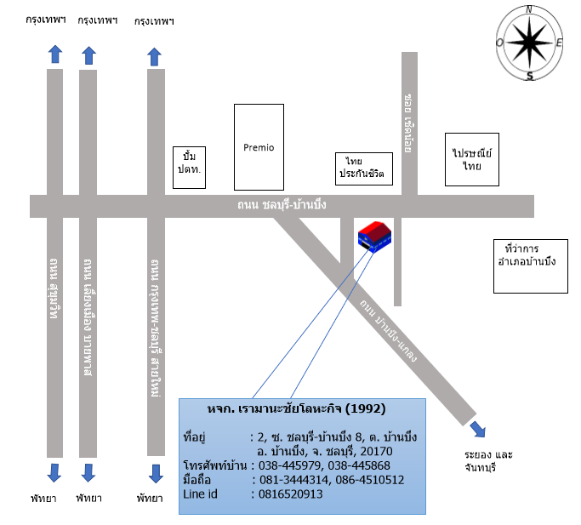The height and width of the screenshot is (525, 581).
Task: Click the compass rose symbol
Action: pyautogui.click(x=529, y=42)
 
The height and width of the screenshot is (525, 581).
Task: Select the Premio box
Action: pyautogui.click(x=259, y=147)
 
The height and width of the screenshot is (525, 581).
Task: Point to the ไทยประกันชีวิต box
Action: pyautogui.click(x=365, y=168)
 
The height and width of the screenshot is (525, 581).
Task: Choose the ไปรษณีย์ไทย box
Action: pyautogui.click(x=472, y=159)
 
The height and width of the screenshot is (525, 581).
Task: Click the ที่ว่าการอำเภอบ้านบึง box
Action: pyautogui.click(x=531, y=265)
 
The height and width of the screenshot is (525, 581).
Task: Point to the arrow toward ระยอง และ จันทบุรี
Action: pyautogui.click(x=479, y=429)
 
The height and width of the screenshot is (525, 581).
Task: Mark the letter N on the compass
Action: pyautogui.click(x=529, y=9)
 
